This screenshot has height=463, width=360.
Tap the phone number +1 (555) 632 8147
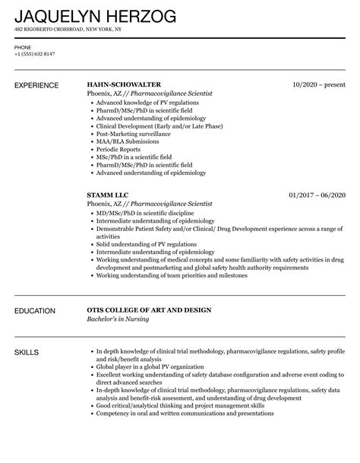click(34, 55)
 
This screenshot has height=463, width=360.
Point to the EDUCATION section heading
click(36, 290)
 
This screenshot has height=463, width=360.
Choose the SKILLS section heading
click(27, 331)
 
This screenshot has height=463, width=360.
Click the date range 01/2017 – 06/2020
click(317, 195)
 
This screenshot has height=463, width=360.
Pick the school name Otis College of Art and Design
click(149, 289)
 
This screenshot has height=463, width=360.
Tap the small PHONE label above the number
click(23, 47)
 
